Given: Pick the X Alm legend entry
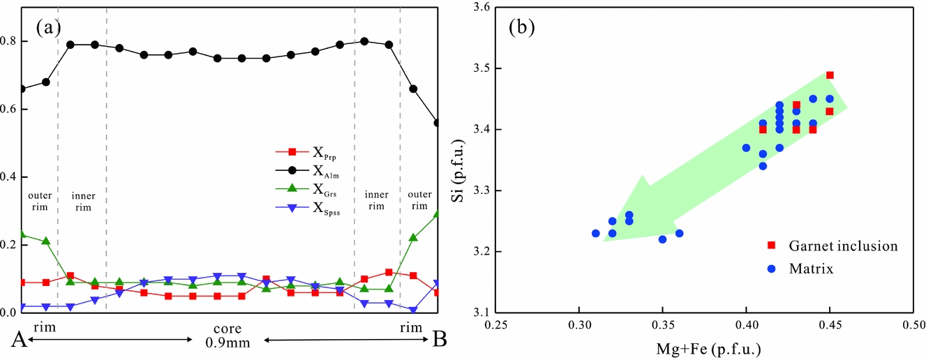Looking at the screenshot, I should pyautogui.click(x=308, y=170).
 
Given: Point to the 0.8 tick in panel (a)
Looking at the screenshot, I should pyautogui.click(x=13, y=41).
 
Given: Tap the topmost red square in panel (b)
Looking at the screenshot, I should pyautogui.click(x=830, y=75).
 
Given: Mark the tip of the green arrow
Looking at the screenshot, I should pyautogui.click(x=604, y=241).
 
